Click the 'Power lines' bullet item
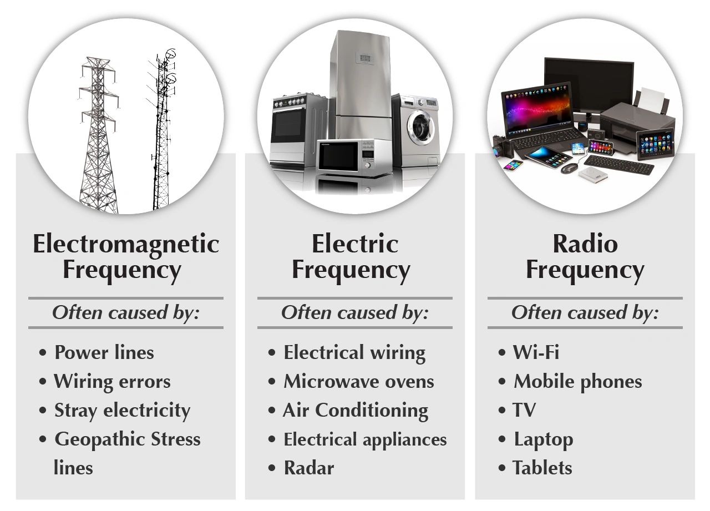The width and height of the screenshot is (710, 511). tap(104, 352)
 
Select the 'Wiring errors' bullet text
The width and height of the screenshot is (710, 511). tap(112, 382)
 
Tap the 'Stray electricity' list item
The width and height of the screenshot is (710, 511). tap(122, 411)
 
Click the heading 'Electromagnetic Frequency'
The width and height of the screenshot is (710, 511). tap(126, 257)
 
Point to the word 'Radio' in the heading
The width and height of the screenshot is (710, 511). tap(585, 244)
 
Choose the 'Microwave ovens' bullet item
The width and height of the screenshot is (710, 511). tap(358, 382)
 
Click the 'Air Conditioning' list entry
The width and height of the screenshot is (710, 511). tap(356, 411)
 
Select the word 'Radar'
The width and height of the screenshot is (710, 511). tap(308, 468)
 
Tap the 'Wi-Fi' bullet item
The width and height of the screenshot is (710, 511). tap(536, 352)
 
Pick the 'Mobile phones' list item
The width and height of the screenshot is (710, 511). tap(577, 382)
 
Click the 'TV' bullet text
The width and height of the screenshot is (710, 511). tap(524, 411)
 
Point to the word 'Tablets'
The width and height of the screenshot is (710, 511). tap(542, 468)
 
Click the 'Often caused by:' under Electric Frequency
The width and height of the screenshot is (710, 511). tap(355, 313)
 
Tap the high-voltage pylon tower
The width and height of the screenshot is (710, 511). tap(99, 133)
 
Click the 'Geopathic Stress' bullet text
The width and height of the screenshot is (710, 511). tap(127, 439)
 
